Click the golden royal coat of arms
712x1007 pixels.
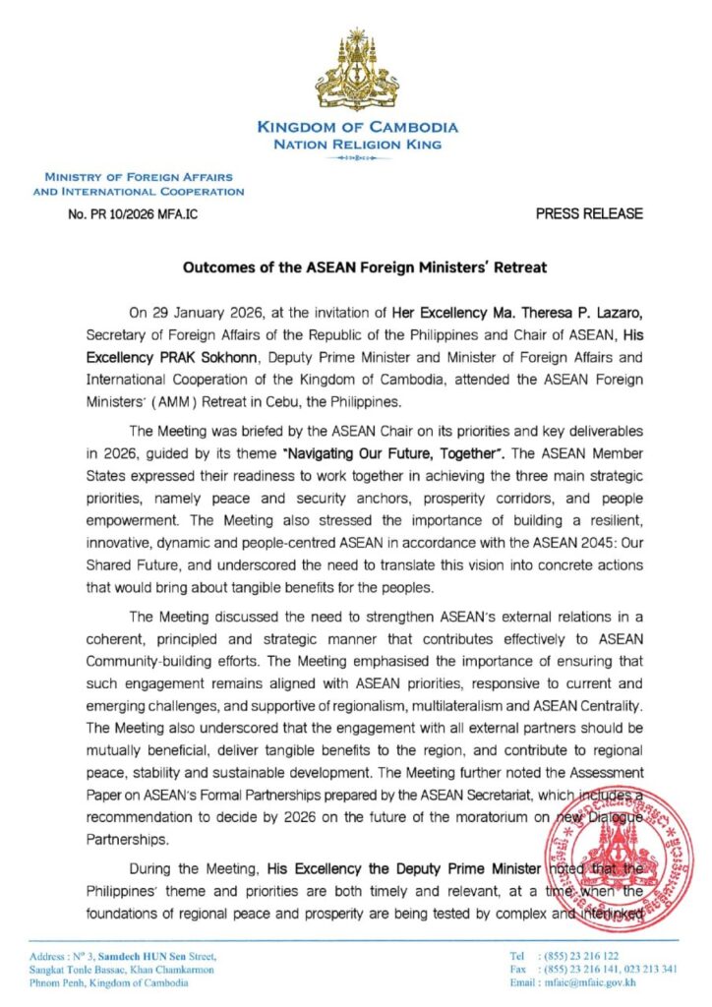click(x=356, y=68)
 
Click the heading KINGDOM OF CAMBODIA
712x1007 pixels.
click(x=356, y=127)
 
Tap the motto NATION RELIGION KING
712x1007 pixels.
click(x=356, y=144)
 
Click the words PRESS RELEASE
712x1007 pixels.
click(x=589, y=212)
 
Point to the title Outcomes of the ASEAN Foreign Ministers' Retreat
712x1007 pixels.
click(x=356, y=267)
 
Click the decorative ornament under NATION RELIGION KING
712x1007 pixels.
click(x=356, y=157)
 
